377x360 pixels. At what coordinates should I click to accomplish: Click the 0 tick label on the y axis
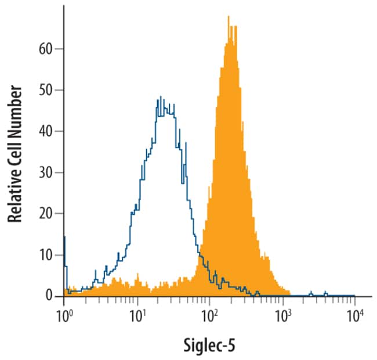(x=52, y=297)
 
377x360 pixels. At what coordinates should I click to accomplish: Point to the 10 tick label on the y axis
(x=49, y=255)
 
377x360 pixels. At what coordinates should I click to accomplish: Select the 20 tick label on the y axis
(x=49, y=214)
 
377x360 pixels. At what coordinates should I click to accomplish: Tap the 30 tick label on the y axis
(x=49, y=172)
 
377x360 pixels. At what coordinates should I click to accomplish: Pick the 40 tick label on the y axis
(x=49, y=131)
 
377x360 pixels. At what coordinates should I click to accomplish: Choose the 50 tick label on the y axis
(x=49, y=90)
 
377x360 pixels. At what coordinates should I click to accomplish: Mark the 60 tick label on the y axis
(x=49, y=49)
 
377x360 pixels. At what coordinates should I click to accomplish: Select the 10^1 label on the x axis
(x=138, y=316)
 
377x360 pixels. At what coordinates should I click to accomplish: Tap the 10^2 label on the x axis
(x=210, y=316)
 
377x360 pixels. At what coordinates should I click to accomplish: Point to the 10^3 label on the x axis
(x=283, y=316)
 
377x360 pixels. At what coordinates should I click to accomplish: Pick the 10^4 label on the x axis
(x=356, y=316)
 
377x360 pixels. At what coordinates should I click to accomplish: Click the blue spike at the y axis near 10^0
(x=64, y=237)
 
